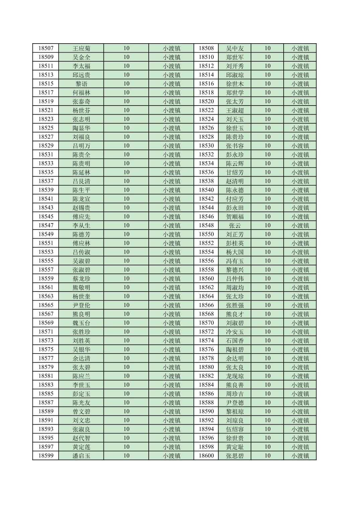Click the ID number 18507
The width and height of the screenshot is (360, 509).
coord(46,48)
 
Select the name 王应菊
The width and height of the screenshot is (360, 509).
coord(81,48)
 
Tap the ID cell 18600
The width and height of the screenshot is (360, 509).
coord(206,456)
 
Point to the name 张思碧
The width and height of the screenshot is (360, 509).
coord(235,456)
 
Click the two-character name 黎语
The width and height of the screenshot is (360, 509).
coord(81,84)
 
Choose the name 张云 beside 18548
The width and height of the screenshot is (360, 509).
coord(235,226)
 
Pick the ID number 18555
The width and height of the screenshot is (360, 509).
coord(46,261)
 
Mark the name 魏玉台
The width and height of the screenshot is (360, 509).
coord(81,323)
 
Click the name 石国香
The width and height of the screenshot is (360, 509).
coord(235,340)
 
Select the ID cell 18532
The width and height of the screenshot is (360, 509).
coord(206,154)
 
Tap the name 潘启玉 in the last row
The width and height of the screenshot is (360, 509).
coord(81,456)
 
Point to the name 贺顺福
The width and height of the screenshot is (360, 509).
coord(235,216)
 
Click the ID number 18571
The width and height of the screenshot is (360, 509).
coord(46,332)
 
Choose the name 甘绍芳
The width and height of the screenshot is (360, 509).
coord(235,172)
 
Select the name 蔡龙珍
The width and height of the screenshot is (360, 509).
coord(81,278)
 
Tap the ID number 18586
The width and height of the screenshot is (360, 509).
coord(206,394)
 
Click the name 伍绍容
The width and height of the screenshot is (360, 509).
coord(235,429)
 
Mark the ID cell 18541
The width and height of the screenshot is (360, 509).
coord(46,199)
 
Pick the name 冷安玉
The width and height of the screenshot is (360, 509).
coord(235,332)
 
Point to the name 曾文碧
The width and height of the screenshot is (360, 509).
coord(81,411)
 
